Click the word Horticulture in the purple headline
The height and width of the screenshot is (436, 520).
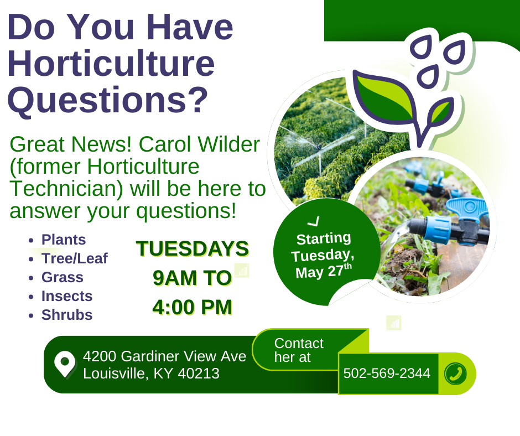[x=111, y=63]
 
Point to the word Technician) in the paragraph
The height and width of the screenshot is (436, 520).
[x=66, y=189]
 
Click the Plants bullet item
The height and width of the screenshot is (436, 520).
[x=64, y=240]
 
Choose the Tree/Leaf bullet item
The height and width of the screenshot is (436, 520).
[x=74, y=258]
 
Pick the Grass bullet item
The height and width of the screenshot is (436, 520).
[x=63, y=277]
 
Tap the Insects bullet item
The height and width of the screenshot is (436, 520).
[x=66, y=296]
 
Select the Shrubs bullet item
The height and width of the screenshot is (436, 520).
[x=66, y=315]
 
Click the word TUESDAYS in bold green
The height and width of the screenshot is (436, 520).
[x=193, y=248]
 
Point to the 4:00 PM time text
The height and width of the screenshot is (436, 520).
[x=193, y=307]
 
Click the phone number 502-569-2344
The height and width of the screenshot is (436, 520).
[x=387, y=373]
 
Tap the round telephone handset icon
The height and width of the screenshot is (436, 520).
[x=455, y=373]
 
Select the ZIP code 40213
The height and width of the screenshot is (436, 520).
[x=199, y=373]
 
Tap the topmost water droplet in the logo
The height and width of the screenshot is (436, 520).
[x=421, y=46]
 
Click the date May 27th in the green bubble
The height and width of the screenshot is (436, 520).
[x=324, y=272]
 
